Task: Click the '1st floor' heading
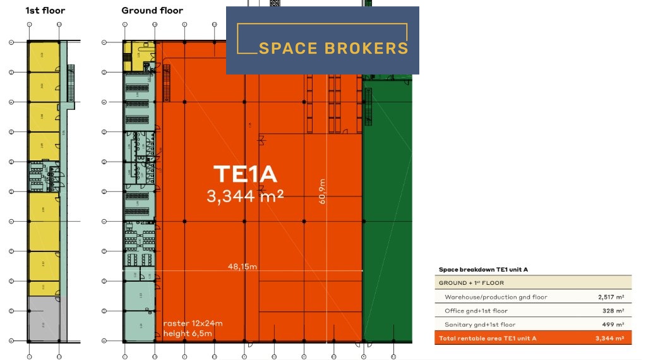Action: [45, 10]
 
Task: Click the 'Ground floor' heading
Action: [152, 10]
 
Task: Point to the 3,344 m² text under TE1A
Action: [245, 196]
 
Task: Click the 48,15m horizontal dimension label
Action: [242, 267]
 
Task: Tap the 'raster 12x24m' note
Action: [193, 323]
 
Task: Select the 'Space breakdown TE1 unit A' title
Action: [483, 270]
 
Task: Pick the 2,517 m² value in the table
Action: [611, 297]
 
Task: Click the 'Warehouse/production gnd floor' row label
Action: [496, 297]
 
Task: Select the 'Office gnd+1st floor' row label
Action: [476, 311]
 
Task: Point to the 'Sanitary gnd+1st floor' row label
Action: [480, 325]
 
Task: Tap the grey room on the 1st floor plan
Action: [44, 324]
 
